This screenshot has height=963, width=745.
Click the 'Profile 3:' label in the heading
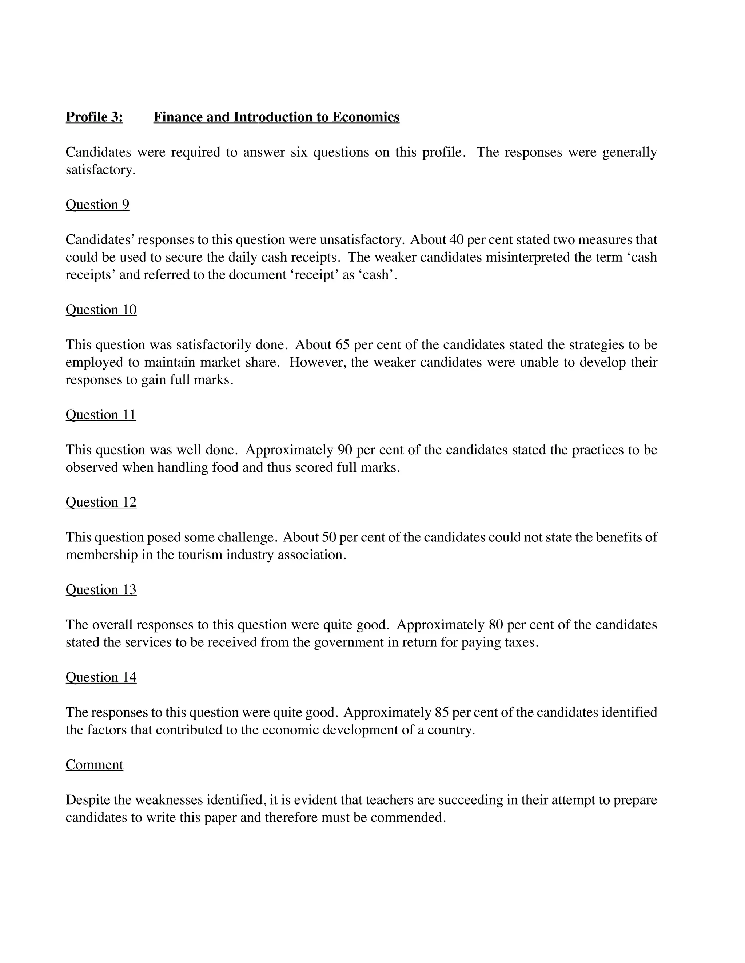[x=94, y=117]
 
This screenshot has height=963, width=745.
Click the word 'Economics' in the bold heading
[x=366, y=117]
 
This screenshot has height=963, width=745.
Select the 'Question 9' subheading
[x=97, y=205]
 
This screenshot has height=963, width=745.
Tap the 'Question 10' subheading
[x=101, y=310]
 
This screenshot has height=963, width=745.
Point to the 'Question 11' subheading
[x=101, y=415]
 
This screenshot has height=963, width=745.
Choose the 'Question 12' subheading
[x=101, y=502]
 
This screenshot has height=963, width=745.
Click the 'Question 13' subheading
[x=101, y=589]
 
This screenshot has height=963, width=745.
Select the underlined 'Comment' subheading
[x=95, y=765]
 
